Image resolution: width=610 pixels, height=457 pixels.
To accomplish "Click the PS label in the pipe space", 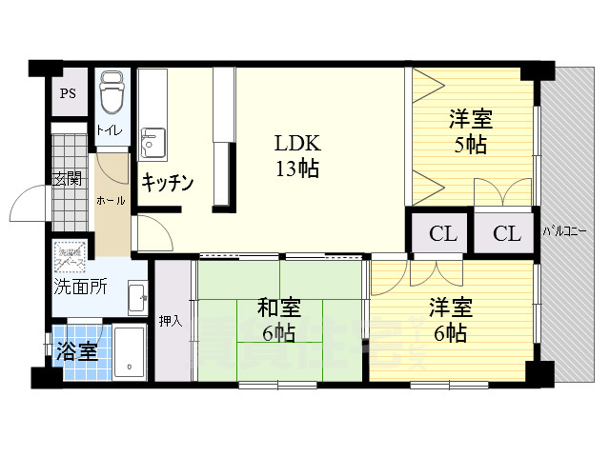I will point(68,93).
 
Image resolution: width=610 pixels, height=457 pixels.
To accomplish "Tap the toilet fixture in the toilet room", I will point(112,91).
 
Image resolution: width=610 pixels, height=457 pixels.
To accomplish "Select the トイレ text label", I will point(109,131).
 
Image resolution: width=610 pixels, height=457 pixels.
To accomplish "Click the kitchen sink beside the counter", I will point(152,143).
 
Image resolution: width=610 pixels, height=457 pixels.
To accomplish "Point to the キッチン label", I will point(169,182).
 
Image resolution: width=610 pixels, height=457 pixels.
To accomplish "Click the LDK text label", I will point(297,146).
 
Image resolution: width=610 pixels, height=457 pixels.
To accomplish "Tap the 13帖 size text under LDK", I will point(297,170).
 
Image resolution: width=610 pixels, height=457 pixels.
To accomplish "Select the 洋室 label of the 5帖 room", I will point(470,121).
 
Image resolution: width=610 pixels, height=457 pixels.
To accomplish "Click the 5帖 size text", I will point(470,145).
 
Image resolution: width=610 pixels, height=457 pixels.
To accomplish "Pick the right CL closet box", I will point(507,233).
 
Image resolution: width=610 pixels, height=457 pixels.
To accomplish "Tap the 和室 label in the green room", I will point(279,309).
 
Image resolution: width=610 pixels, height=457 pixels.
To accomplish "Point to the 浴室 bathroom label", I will point(77,350).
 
